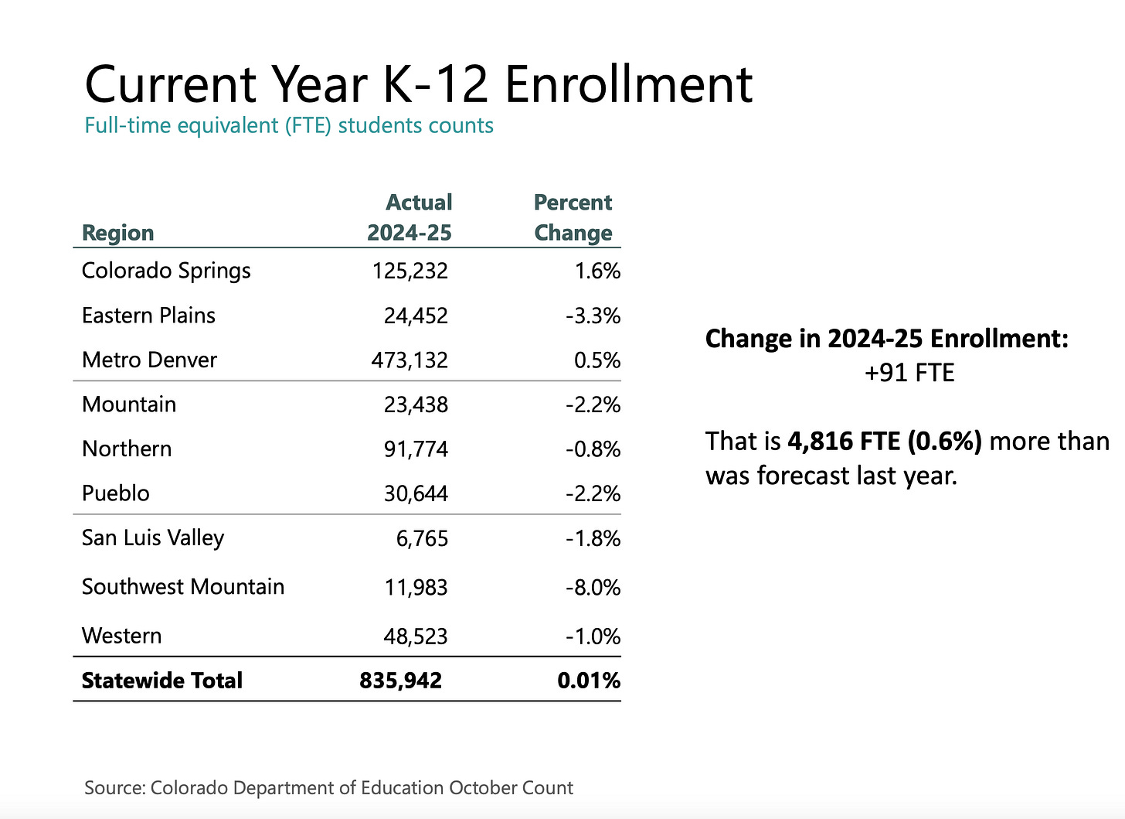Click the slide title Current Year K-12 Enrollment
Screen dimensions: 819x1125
click(x=418, y=84)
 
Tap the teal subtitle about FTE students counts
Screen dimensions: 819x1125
click(x=289, y=125)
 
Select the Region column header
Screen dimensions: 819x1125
click(x=117, y=232)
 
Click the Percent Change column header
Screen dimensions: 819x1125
click(x=573, y=217)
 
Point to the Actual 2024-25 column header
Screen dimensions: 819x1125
click(x=410, y=217)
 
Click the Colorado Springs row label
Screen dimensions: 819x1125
click(x=166, y=271)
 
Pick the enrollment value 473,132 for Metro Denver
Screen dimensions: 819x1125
click(x=410, y=360)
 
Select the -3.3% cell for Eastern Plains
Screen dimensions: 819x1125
click(x=593, y=316)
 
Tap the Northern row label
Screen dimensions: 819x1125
click(x=127, y=449)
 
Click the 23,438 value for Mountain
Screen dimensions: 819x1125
click(x=416, y=404)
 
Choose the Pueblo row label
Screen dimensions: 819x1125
click(x=116, y=493)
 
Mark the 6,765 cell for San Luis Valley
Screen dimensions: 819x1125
click(x=422, y=538)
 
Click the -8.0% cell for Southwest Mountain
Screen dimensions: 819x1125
click(x=593, y=588)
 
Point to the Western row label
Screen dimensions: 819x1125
click(x=122, y=636)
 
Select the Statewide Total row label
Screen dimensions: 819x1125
click(x=162, y=681)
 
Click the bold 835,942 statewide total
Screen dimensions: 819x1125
click(x=400, y=681)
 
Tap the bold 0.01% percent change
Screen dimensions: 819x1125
click(x=589, y=681)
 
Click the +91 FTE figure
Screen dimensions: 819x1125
click(x=909, y=373)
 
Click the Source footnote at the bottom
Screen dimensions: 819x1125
click(x=328, y=788)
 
